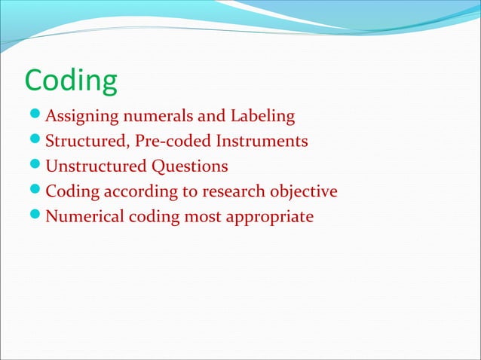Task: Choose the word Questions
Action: pos(188,166)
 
